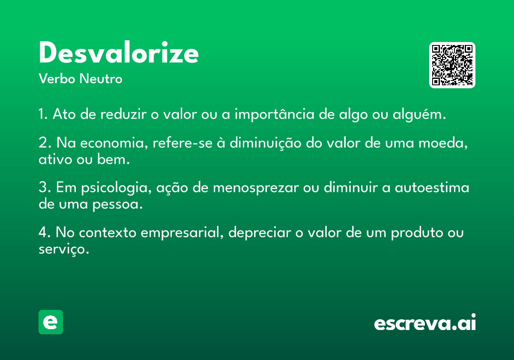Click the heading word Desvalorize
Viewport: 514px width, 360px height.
pos(119,52)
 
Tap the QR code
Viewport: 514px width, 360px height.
pos(452,65)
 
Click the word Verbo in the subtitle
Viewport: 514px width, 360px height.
pos(57,79)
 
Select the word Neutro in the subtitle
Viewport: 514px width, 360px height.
pos(101,79)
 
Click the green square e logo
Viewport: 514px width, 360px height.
pos(51,322)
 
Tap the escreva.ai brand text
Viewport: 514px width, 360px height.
pos(425,322)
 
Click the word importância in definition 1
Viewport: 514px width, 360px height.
pos(275,114)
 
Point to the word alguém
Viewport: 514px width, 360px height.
pos(419,114)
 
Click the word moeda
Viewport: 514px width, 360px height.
pos(443,143)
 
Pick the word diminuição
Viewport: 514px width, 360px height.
pos(265,143)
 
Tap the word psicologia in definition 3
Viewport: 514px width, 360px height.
pos(117,188)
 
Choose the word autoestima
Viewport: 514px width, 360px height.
pos(432,188)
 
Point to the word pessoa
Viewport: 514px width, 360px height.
pos(117,204)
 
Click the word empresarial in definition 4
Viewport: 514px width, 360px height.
pos(182,233)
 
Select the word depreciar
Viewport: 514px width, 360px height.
pos(260,233)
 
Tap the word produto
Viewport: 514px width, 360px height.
pos(417,233)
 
